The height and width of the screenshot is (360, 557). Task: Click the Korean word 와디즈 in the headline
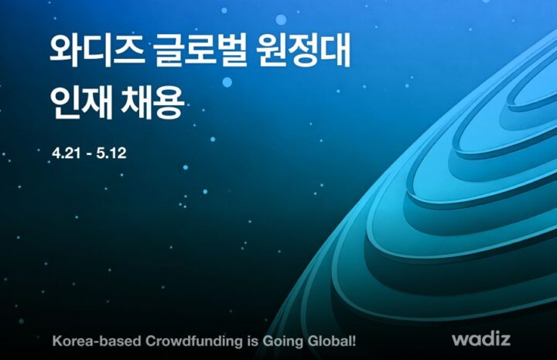97,50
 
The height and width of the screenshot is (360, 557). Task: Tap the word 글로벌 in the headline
200,50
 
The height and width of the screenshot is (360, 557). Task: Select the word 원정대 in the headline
304,50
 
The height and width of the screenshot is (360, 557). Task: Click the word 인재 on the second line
81,102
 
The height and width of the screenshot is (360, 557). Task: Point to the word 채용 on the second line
153,102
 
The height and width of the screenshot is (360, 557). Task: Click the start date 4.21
66,153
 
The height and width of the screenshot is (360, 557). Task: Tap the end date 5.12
111,153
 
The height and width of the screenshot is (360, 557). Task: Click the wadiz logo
481,338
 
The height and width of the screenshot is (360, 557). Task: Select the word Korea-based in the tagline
97,341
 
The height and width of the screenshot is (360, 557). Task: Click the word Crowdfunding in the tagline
193,341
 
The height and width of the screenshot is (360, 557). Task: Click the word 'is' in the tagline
252,341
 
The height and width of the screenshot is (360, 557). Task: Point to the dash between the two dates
88,154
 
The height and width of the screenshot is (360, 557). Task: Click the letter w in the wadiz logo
460,341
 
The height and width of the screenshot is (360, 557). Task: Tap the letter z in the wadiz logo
505,341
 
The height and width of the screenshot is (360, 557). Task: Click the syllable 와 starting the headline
64,50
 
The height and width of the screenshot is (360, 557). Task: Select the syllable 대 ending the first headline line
336,50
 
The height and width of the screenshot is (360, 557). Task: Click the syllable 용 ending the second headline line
169,103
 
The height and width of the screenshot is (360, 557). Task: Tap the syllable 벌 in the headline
232,50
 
